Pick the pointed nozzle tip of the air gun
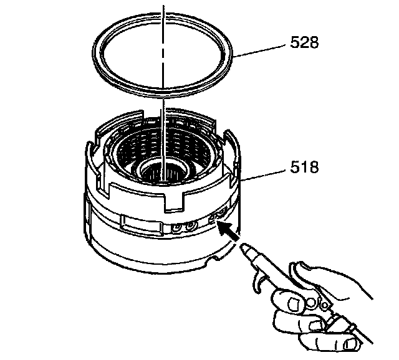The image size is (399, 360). [x=241, y=249]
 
